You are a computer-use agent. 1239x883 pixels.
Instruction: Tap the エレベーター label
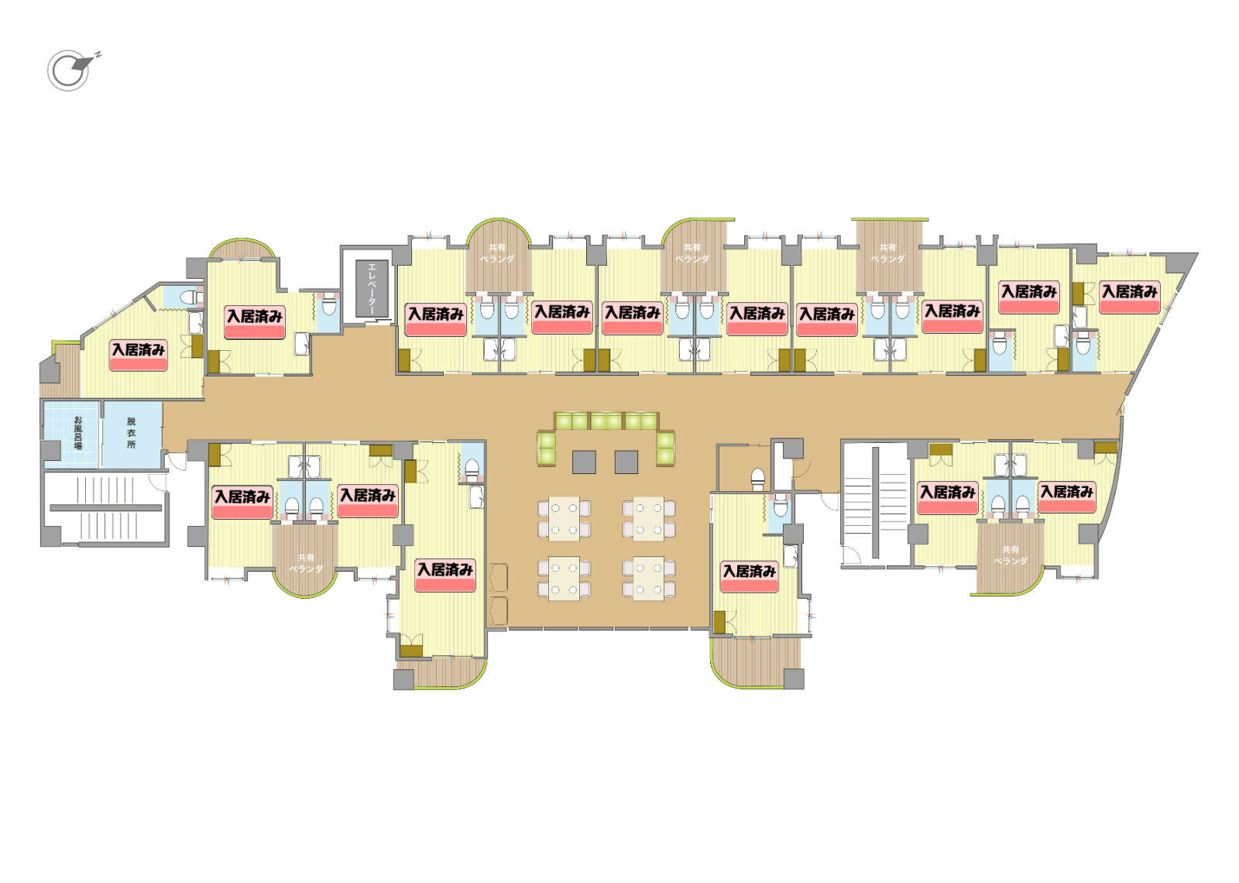point(372,289)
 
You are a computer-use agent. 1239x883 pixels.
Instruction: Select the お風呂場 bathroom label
point(77,433)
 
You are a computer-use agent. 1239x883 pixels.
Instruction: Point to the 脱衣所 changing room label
point(131,433)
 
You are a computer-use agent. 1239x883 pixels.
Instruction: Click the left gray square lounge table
point(584,462)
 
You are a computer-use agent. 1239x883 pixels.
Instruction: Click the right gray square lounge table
point(626,462)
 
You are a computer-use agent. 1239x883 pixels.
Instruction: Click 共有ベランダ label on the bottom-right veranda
point(1010,555)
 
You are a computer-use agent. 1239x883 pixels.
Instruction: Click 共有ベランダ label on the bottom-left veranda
point(305,562)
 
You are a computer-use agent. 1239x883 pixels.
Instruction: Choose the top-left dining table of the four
point(565,518)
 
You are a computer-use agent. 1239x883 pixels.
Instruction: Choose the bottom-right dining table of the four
point(648,578)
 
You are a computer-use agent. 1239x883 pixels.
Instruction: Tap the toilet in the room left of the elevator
point(329,304)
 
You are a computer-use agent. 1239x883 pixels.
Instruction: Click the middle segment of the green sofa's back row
point(606,421)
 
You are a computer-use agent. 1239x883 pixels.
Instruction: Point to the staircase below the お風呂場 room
point(105,508)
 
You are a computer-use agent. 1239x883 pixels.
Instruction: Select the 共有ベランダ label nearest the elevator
point(496,253)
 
